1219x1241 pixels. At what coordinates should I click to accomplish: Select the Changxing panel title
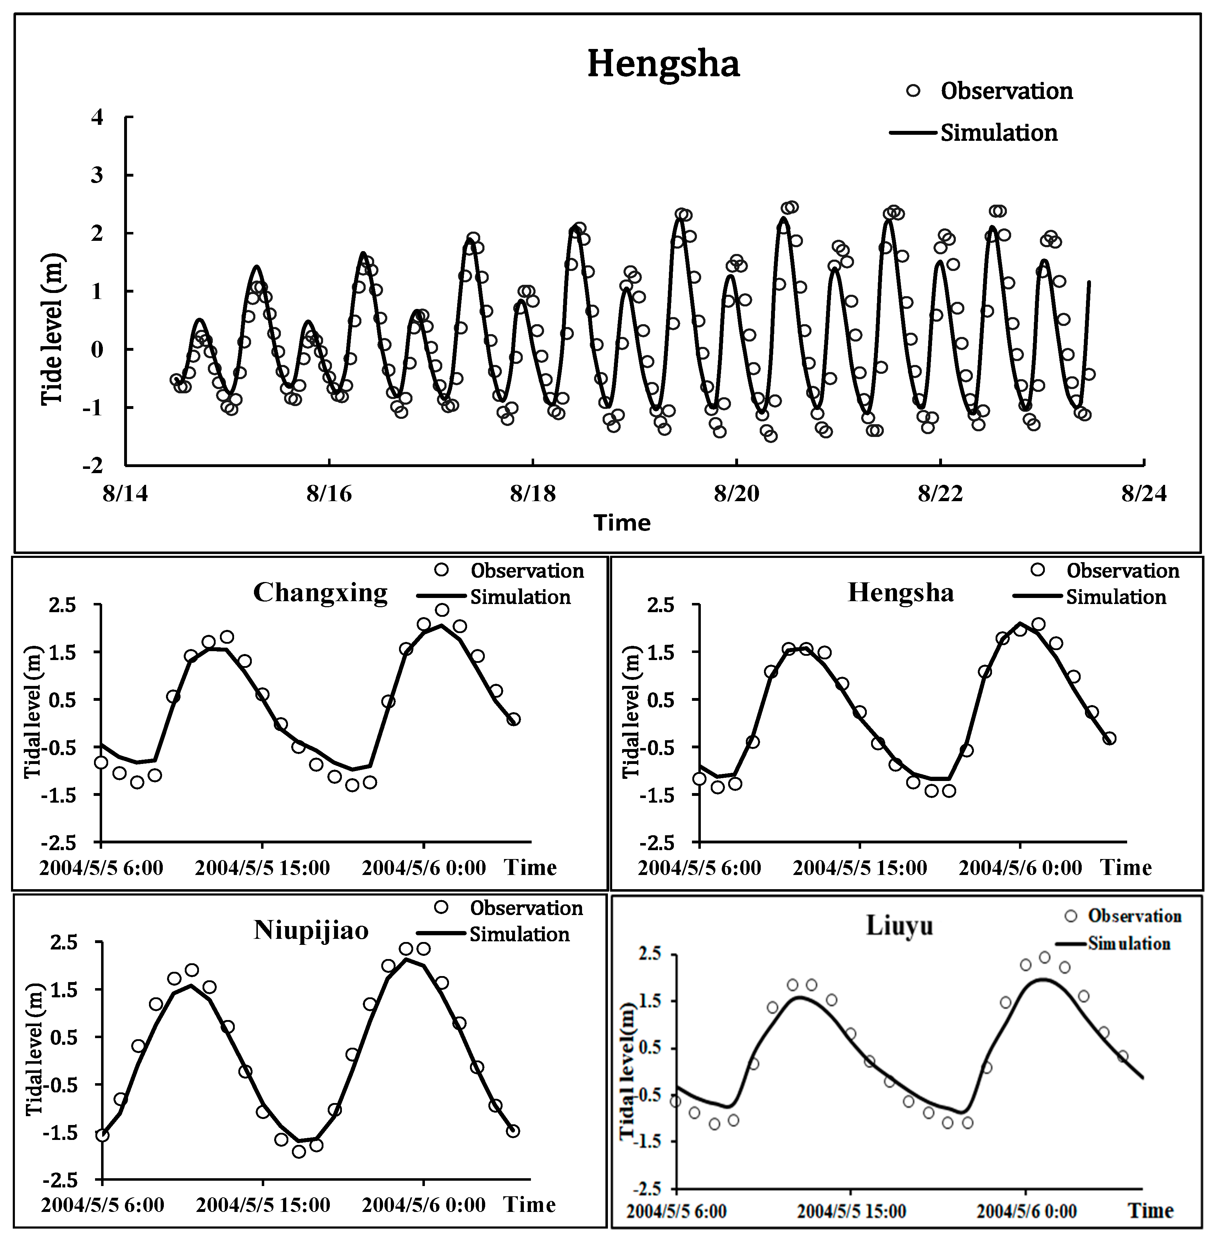(x=320, y=592)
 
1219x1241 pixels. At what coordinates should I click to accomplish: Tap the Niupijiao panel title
(x=311, y=930)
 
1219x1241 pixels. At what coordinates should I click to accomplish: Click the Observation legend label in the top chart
(x=1007, y=92)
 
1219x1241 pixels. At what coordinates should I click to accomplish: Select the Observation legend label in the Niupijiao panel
(x=526, y=908)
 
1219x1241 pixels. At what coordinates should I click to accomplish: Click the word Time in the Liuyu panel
(x=1151, y=1211)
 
